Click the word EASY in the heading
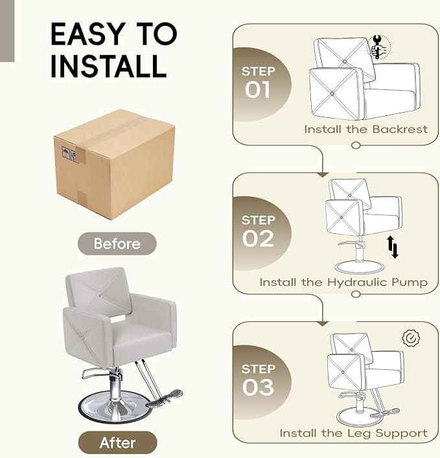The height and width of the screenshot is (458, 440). [x=87, y=34]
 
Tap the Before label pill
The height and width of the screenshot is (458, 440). [x=117, y=244]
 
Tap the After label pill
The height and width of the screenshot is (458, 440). [x=117, y=442]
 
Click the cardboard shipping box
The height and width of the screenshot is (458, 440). [x=115, y=165]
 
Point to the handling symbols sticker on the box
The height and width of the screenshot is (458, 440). [x=70, y=154]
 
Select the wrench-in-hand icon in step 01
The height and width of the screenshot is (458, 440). [x=379, y=47]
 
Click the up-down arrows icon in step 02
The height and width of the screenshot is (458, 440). [x=393, y=247]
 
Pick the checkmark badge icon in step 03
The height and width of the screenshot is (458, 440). [x=411, y=339]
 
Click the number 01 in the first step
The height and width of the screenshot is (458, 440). [x=257, y=89]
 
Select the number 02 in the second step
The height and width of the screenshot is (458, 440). [x=258, y=238]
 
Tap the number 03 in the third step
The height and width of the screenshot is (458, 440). [x=258, y=387]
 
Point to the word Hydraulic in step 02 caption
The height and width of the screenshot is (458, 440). [x=357, y=282]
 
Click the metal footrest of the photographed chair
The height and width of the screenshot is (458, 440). [x=164, y=398]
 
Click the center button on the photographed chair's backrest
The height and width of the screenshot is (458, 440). [x=100, y=294]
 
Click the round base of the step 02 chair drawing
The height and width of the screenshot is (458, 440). [x=359, y=268]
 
